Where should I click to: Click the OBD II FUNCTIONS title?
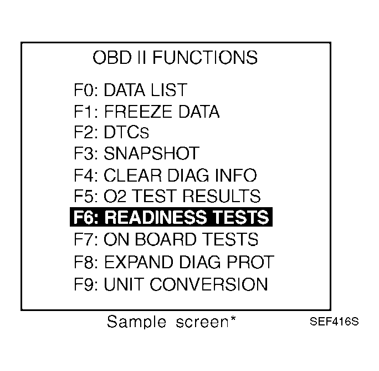pyautogui.click(x=175, y=57)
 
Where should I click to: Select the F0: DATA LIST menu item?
pyautogui.click(x=130, y=90)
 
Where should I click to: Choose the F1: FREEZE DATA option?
pyautogui.click(x=146, y=112)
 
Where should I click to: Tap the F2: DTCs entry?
pyautogui.click(x=111, y=133)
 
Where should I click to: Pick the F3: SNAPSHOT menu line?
pyautogui.click(x=136, y=154)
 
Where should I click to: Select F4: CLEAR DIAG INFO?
pyautogui.click(x=165, y=176)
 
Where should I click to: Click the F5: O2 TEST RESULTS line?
pyautogui.click(x=167, y=197)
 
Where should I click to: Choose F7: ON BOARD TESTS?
pyautogui.click(x=166, y=239)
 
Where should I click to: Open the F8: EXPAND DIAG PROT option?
pyautogui.click(x=173, y=261)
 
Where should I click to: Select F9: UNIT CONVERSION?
pyautogui.click(x=171, y=284)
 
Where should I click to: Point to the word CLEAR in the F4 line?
pyautogui.click(x=132, y=176)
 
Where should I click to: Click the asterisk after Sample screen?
pyautogui.click(x=233, y=319)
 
